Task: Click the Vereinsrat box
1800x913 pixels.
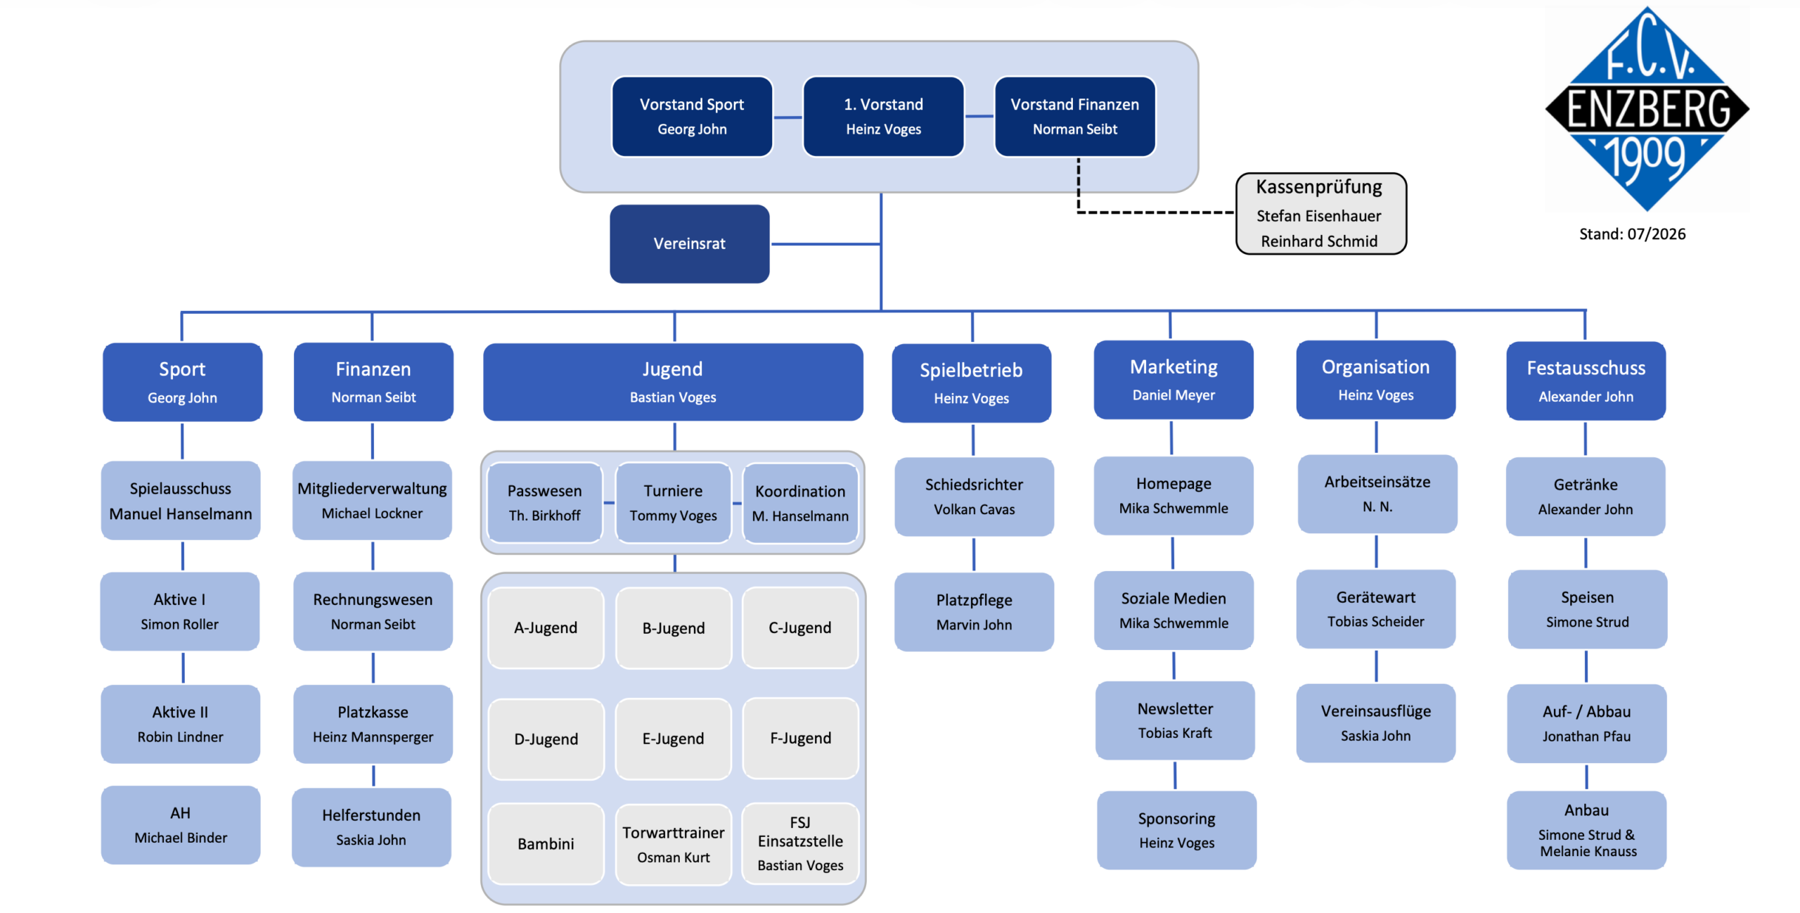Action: (689, 243)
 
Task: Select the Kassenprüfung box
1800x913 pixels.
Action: (1320, 213)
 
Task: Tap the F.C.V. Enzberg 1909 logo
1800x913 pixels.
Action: (1647, 109)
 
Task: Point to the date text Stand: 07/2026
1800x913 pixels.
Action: (1632, 234)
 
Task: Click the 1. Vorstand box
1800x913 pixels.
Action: (883, 117)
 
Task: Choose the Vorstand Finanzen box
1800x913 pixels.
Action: (1074, 117)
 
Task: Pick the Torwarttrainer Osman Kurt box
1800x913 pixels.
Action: (673, 844)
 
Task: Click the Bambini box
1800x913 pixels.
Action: (546, 844)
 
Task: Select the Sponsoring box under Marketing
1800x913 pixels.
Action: (1176, 830)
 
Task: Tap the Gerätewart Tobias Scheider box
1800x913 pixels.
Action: (1375, 608)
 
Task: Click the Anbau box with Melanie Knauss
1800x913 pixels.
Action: (1586, 830)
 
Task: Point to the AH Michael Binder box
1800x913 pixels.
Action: (181, 825)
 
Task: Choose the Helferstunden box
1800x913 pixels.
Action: (371, 827)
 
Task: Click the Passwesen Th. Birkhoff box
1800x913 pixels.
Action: (545, 502)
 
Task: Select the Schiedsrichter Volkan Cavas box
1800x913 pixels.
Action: (974, 497)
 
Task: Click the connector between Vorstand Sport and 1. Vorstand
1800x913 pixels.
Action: (787, 117)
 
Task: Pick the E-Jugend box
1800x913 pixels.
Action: (673, 739)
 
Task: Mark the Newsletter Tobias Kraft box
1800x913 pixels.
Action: (1175, 720)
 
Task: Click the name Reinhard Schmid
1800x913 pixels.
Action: (1319, 241)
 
